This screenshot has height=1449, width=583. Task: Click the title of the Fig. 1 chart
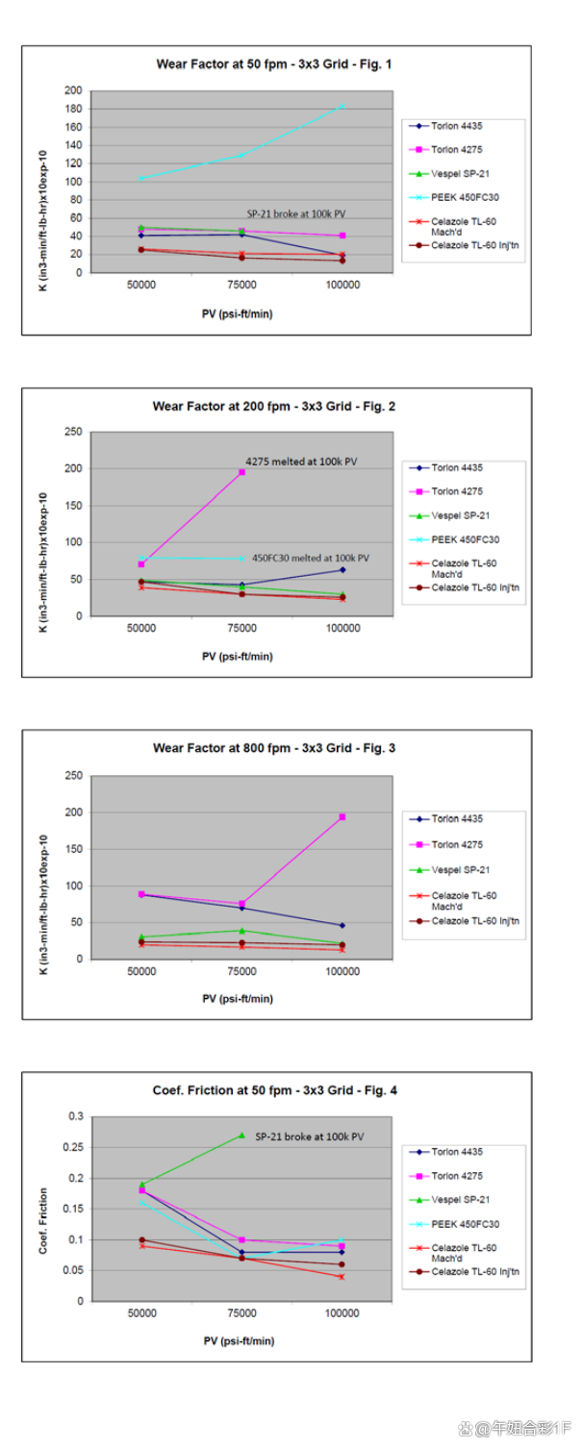coord(274,64)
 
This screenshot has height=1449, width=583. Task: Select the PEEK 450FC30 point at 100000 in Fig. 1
coord(342,106)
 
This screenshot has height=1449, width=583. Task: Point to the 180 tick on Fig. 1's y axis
coord(72,109)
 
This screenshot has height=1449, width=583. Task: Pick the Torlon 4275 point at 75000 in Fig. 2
coord(242,472)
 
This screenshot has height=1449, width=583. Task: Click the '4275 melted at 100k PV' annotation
coord(300,462)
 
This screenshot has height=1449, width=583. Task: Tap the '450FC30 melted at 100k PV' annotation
coord(311,558)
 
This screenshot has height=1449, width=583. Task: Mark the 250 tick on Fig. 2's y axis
coord(72,432)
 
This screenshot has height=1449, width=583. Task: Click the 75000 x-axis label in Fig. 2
coord(242,628)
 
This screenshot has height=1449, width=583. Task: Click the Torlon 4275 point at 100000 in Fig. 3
coord(342,817)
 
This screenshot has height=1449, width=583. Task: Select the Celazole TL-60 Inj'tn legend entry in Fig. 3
coord(475,921)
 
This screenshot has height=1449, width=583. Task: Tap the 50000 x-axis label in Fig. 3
coord(141,971)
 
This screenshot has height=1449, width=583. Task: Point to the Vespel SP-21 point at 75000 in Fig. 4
coord(242,1136)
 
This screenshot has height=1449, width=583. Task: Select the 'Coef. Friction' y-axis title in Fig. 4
coord(43,1209)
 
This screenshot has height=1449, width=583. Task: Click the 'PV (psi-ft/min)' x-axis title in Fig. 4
coord(238,1339)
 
